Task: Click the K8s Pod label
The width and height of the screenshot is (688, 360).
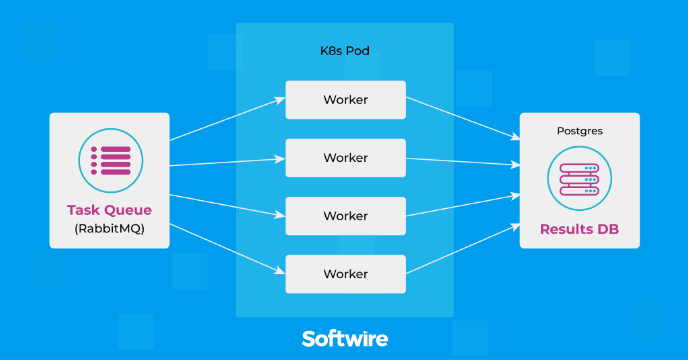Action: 345,51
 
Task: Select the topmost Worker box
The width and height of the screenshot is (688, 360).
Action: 345,100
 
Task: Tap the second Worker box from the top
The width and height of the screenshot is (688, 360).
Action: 345,158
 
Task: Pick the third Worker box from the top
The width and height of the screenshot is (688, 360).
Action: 345,216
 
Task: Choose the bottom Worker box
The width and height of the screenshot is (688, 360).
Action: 345,274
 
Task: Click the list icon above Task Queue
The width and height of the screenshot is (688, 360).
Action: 110,160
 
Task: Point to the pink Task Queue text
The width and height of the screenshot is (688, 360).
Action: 110,210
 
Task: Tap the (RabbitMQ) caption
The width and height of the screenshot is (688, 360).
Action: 110,229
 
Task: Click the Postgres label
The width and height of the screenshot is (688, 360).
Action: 580,131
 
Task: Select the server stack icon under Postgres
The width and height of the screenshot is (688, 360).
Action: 580,179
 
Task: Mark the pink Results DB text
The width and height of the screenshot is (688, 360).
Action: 580,229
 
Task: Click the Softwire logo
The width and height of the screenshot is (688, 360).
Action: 345,338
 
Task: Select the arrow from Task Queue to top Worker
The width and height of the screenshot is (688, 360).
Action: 227,120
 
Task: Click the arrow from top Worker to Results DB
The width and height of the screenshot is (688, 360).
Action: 463,118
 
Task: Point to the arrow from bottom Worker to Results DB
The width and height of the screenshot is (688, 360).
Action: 463,250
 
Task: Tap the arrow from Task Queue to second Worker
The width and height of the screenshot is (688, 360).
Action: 227,162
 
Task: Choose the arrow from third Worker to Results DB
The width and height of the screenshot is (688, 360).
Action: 463,206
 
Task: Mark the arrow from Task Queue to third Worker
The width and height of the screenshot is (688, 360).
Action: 227,206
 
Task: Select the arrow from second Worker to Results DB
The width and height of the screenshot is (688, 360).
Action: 463,161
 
